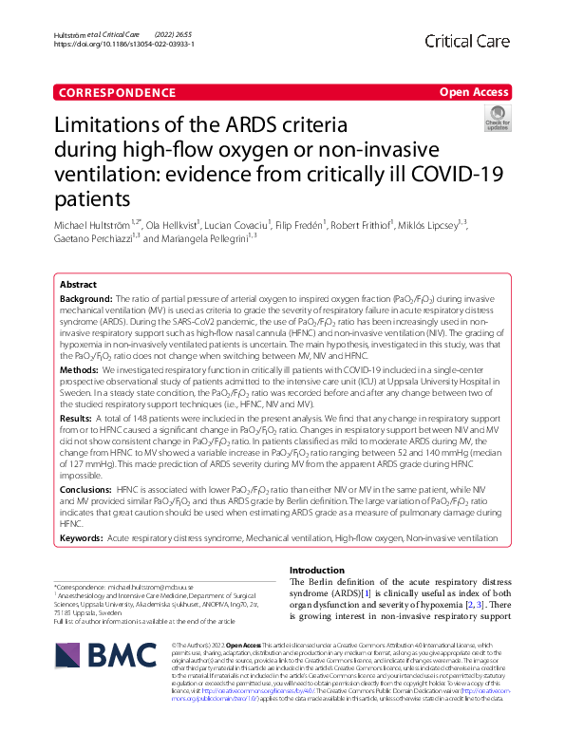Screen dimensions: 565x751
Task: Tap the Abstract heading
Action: (78, 285)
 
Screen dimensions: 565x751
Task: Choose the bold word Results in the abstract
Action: (77, 418)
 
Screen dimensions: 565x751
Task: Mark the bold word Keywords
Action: (82, 537)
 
